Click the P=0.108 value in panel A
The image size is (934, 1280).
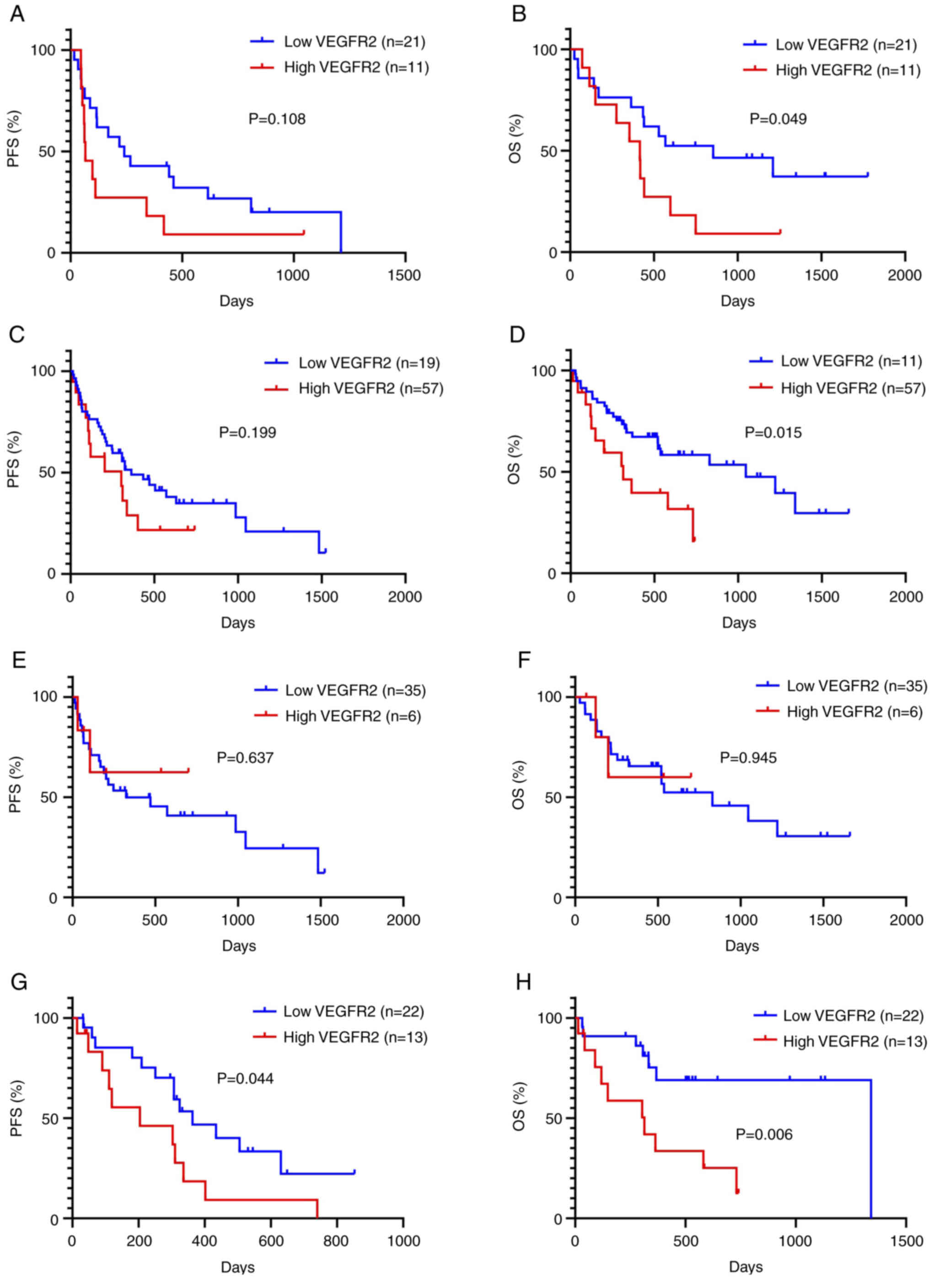(277, 119)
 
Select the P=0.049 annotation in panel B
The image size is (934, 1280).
(778, 119)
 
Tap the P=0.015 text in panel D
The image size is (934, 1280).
(773, 433)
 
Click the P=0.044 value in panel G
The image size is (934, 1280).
(245, 1078)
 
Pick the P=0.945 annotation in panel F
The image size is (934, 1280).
(748, 758)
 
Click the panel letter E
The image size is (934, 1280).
(19, 660)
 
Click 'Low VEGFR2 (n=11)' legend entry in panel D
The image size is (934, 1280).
(851, 361)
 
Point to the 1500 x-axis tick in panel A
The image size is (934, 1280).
(404, 275)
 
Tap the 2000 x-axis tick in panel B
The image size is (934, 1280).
(905, 275)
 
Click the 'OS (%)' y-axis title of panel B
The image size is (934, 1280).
(515, 139)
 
